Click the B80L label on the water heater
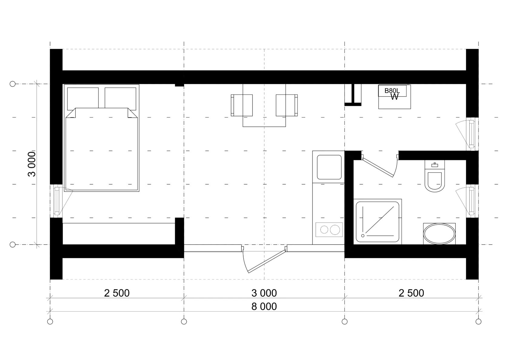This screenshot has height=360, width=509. [x=392, y=90]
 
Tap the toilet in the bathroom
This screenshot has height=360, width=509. [x=434, y=176]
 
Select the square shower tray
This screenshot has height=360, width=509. [x=378, y=222]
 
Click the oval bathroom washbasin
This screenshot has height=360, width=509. [x=439, y=234]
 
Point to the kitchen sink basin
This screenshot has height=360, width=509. [x=329, y=167]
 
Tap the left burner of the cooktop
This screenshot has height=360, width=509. [x=324, y=230]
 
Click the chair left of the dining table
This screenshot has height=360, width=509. [x=241, y=105]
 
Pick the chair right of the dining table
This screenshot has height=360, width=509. [x=287, y=105]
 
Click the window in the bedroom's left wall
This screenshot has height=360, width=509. [x=57, y=201]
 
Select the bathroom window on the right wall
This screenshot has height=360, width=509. [x=472, y=201]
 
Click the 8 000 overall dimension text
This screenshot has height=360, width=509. [x=264, y=306]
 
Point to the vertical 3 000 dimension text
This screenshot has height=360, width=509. [x=32, y=164]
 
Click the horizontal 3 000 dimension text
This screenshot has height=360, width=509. [x=264, y=293]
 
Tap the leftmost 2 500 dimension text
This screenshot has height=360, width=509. [x=117, y=293]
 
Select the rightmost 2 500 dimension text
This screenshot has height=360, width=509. [x=411, y=293]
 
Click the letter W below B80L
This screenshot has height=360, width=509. [x=394, y=97]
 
